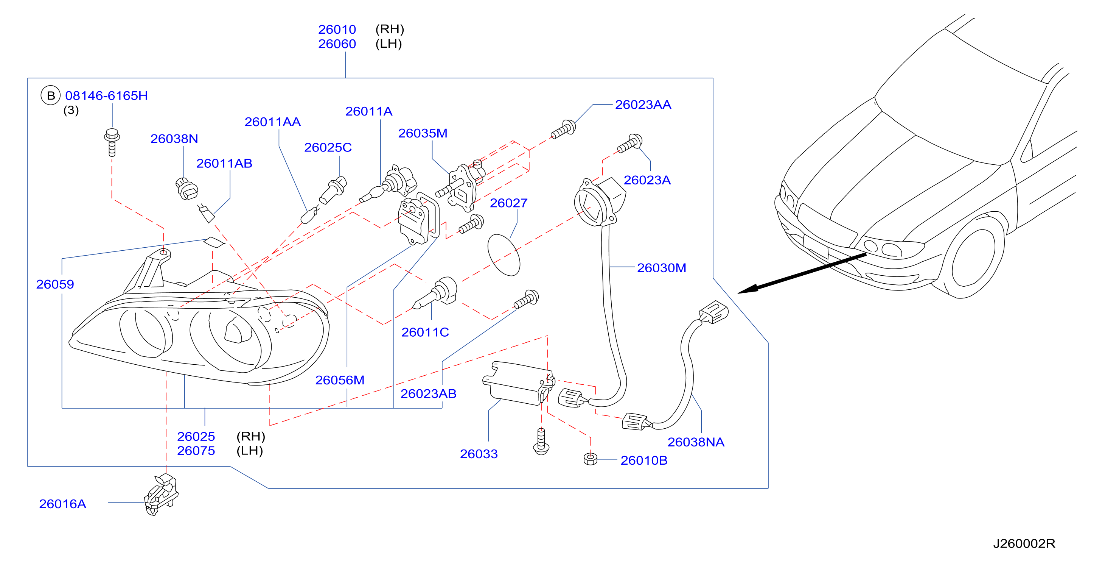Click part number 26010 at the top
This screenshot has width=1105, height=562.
pos(337,29)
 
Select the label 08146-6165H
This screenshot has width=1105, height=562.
pos(106,95)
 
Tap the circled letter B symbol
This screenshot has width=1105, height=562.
pos(51,95)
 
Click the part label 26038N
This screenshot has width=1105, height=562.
pos(174,139)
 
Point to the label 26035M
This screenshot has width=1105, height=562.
pos(423,133)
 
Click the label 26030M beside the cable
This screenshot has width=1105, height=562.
pos(662,267)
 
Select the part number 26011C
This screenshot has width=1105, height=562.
pos(425,332)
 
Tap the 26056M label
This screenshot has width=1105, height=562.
pos(340,380)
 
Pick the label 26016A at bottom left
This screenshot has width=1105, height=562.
pos(63,504)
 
